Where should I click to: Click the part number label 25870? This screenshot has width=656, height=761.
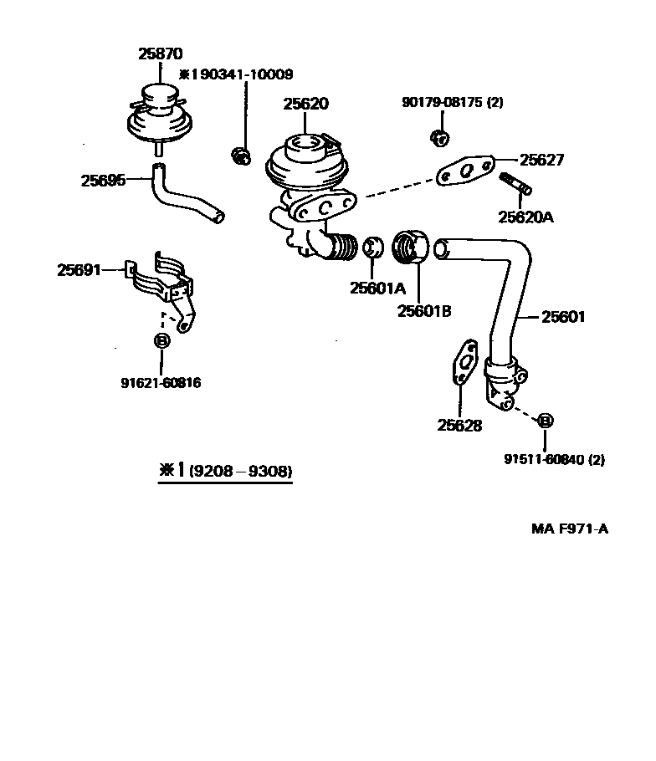pos(159,54)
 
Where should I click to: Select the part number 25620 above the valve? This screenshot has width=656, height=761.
pos(305,104)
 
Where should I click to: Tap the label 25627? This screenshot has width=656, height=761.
pos(541,160)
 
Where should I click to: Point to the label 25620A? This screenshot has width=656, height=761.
pos(525,217)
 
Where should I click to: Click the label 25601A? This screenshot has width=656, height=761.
pos(377,289)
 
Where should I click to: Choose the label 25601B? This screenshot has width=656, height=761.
pos(424,311)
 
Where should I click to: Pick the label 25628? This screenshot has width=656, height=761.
pos(459,425)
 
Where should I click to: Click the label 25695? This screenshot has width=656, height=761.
pos(103,180)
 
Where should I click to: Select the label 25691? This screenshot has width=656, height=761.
pos(79,270)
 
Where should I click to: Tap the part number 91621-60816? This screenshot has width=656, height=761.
pos(161,383)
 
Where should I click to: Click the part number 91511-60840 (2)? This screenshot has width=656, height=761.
pos(554,459)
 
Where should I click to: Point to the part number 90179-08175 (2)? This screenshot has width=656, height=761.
pos(453,103)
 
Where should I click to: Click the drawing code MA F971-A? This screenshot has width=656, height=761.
pos(569,529)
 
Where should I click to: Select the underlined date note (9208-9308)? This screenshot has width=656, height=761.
pos(240,472)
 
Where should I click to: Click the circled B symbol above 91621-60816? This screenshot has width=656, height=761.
pos(161,340)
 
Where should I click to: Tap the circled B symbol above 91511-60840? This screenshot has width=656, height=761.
pos(544,420)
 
